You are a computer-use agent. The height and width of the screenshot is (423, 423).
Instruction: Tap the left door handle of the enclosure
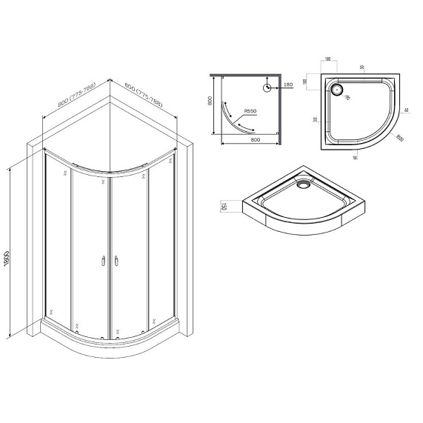pyautogui.click(x=101, y=260)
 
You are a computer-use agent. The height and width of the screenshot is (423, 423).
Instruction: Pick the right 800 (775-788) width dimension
pyautogui.click(x=146, y=96)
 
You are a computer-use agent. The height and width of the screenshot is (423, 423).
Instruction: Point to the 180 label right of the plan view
pyautogui.click(x=288, y=86)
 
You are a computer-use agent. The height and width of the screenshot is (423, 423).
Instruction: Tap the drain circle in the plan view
pyautogui.click(x=268, y=86)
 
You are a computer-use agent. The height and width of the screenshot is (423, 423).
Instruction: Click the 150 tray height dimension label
pyautogui.click(x=222, y=206)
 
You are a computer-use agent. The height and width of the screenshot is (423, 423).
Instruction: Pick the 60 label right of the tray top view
pyautogui.click(x=407, y=111)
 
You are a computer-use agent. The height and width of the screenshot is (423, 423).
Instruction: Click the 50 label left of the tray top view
pyautogui.click(x=315, y=119)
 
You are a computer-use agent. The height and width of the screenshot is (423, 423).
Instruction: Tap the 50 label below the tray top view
pyautogui.click(x=356, y=157)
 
